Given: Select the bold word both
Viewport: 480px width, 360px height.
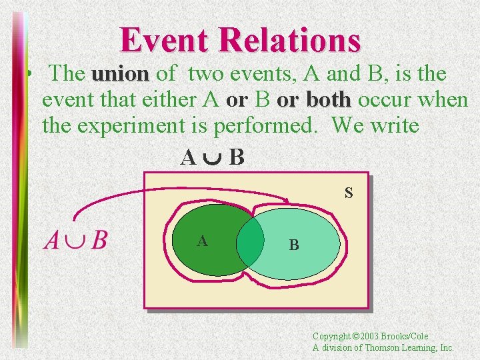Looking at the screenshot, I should point(328,99).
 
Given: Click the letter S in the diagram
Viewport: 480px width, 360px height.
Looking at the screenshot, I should point(349,194).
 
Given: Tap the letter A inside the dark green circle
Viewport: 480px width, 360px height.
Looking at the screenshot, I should point(202,241).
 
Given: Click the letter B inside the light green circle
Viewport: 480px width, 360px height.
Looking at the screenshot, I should point(294,245).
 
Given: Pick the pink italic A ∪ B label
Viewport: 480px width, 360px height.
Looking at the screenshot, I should point(75,239).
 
